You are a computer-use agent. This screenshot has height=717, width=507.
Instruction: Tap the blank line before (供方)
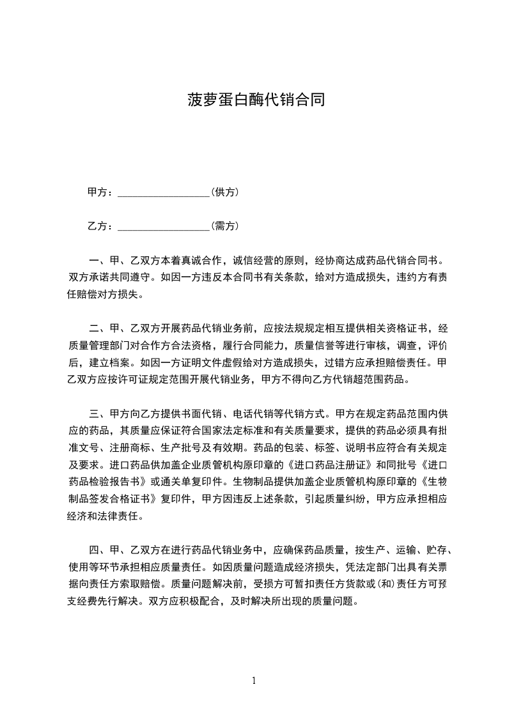[164, 192]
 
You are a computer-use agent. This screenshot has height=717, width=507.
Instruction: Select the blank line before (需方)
[164, 226]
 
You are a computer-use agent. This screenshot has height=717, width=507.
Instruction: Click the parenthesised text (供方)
[224, 192]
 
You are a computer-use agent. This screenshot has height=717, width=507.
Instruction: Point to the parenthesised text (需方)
[224, 226]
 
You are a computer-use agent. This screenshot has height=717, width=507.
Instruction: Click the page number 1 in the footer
[254, 680]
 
